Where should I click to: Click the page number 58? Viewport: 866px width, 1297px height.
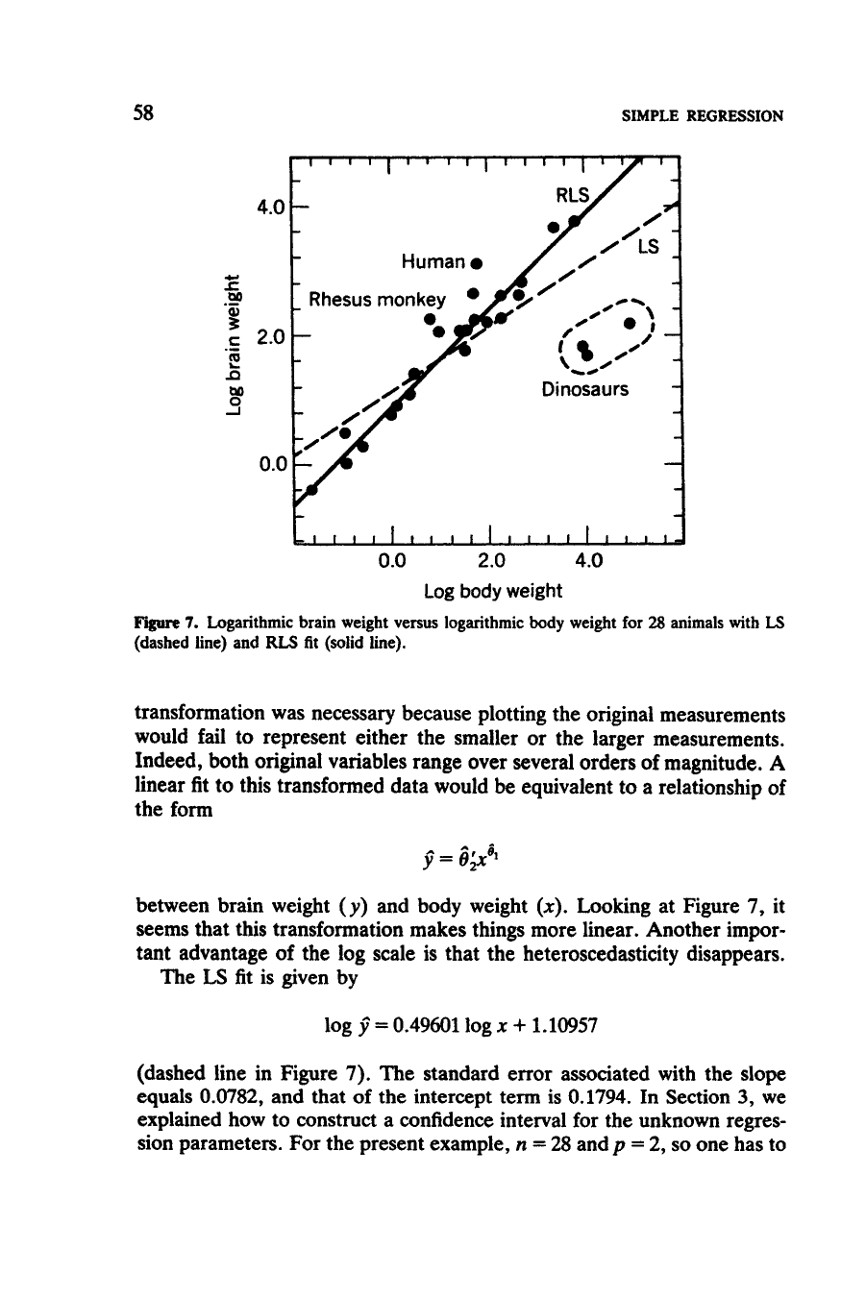[x=144, y=114]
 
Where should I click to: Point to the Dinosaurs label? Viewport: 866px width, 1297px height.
[x=585, y=389]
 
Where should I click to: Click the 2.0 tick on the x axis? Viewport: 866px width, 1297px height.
[x=490, y=559]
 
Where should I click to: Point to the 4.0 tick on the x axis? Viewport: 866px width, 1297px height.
[x=588, y=559]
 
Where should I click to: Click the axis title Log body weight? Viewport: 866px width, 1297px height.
[x=492, y=590]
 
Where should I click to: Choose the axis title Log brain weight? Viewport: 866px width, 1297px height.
[x=230, y=344]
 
